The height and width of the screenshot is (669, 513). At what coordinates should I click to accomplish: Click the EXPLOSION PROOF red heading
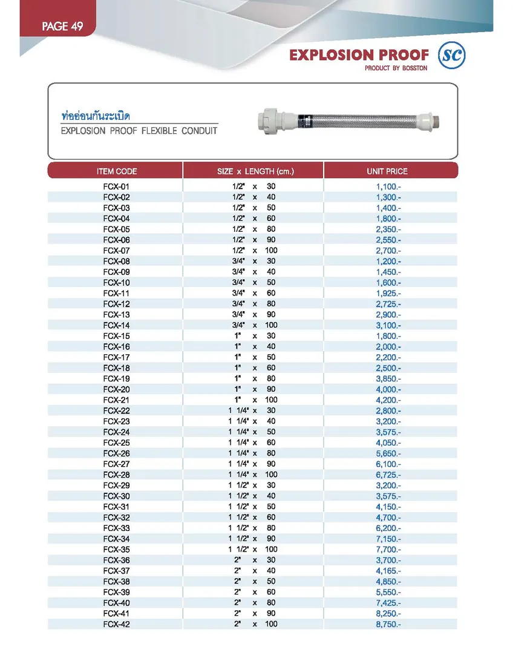point(359,55)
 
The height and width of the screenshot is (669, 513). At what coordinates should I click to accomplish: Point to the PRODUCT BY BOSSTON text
point(396,68)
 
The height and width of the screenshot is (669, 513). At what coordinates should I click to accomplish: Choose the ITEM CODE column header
point(116,171)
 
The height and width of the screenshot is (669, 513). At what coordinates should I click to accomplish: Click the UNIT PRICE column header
point(387,171)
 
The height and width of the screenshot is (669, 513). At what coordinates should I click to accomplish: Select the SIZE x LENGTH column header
point(255,171)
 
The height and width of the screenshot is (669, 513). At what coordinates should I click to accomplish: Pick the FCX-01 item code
point(116,186)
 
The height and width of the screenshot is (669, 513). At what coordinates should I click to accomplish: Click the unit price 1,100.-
point(388,186)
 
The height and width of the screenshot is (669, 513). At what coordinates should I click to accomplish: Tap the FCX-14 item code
point(116,325)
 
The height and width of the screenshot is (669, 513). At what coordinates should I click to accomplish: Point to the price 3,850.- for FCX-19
point(388,378)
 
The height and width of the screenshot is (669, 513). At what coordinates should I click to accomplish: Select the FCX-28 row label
point(116,475)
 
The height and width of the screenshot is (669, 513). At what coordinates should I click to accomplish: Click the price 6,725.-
point(388,475)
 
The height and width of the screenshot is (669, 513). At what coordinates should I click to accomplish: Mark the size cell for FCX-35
point(253,549)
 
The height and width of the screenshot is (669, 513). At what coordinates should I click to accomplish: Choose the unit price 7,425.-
point(388,603)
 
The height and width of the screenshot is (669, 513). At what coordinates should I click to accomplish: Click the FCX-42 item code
point(116,624)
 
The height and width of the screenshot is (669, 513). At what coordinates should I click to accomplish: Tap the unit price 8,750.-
point(388,624)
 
